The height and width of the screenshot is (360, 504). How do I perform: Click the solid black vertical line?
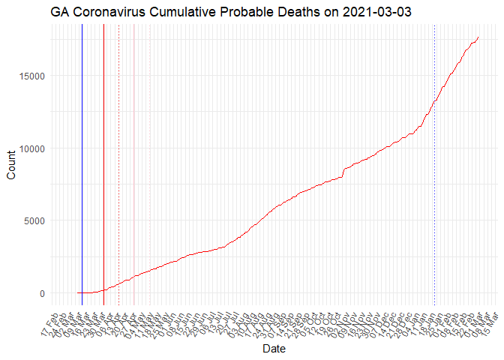pos(82,150)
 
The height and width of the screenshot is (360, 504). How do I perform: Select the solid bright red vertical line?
pos(103,150)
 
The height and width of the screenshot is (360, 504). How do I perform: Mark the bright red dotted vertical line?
pos(119,150)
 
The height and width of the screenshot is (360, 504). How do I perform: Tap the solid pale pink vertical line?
pos(133,150)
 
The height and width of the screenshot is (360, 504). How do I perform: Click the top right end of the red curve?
pos(478,37)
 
